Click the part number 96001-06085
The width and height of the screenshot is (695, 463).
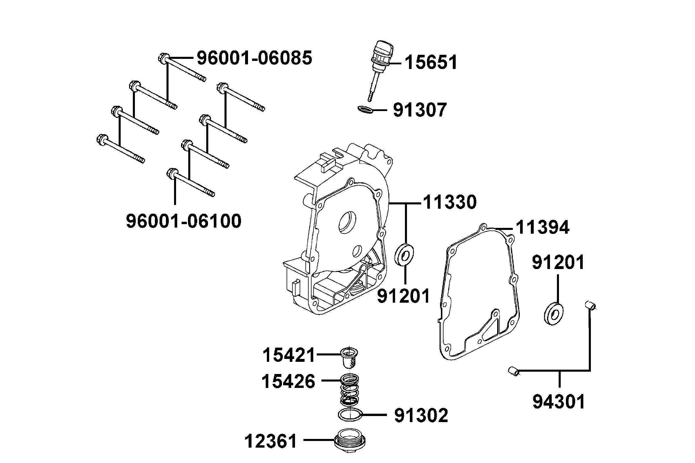pos(254,58)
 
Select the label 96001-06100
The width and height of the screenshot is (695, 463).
pos(183,221)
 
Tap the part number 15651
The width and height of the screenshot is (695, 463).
pos(431,63)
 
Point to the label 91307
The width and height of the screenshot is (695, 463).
pos(419,110)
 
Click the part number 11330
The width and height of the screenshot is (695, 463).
pos(450,202)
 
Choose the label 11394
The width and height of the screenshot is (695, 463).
pos(542,228)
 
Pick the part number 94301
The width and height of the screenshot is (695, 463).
pos(559,402)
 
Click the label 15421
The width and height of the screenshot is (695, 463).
pos(289,355)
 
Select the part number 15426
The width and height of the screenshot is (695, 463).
pos(288,381)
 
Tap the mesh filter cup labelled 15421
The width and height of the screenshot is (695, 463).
pos(349,357)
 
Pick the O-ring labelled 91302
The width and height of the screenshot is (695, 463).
pos(350,415)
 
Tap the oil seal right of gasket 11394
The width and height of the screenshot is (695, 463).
pos(553,314)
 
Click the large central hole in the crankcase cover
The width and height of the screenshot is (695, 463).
pos(347,221)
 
